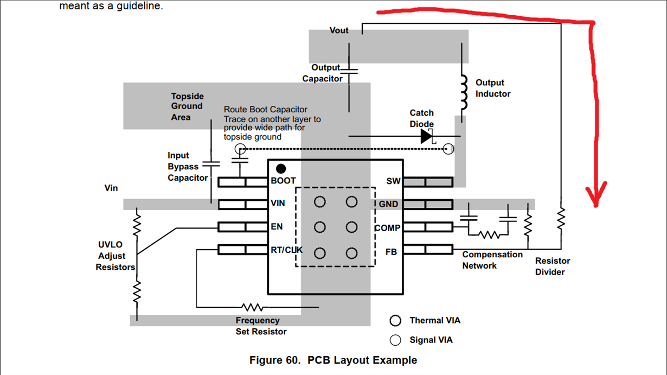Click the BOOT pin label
click(283, 181)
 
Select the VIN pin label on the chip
click(278, 204)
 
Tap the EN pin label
click(277, 226)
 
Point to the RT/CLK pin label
click(286, 250)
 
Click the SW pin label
click(393, 181)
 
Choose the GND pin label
click(388, 204)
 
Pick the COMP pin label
click(387, 228)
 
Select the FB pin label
click(391, 252)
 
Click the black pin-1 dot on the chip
click(281, 168)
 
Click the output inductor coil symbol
click(464, 92)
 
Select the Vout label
click(339, 30)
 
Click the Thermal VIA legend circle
click(395, 321)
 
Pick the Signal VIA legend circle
click(395, 340)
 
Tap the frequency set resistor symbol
click(252, 307)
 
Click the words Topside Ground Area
click(187, 106)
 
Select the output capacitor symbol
click(349, 71)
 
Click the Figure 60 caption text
click(333, 360)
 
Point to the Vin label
click(111, 188)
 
